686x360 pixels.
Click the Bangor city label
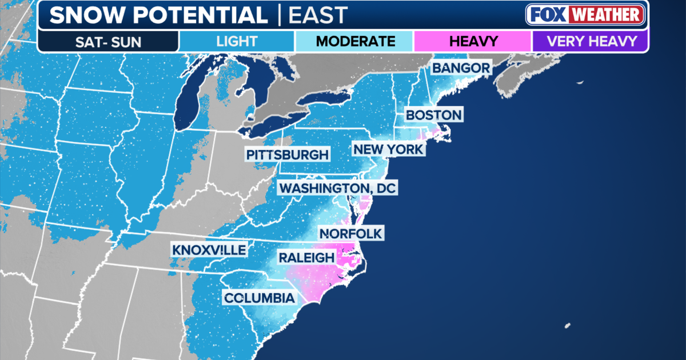[461, 68]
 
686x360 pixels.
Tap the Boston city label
[433, 115]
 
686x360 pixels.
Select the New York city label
[389, 150]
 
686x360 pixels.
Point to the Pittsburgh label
[288, 155]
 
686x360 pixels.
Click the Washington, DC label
[337, 188]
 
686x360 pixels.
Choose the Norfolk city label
[351, 233]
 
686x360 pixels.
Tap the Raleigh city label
[306, 257]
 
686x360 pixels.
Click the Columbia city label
[260, 298]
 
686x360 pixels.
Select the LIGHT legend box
[237, 41]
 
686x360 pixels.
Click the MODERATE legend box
[355, 41]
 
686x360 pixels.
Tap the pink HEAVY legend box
[473, 41]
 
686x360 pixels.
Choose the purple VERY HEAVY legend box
[591, 41]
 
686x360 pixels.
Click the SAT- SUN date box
[107, 41]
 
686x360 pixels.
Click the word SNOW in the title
[85, 15]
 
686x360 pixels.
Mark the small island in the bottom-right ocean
[567, 326]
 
